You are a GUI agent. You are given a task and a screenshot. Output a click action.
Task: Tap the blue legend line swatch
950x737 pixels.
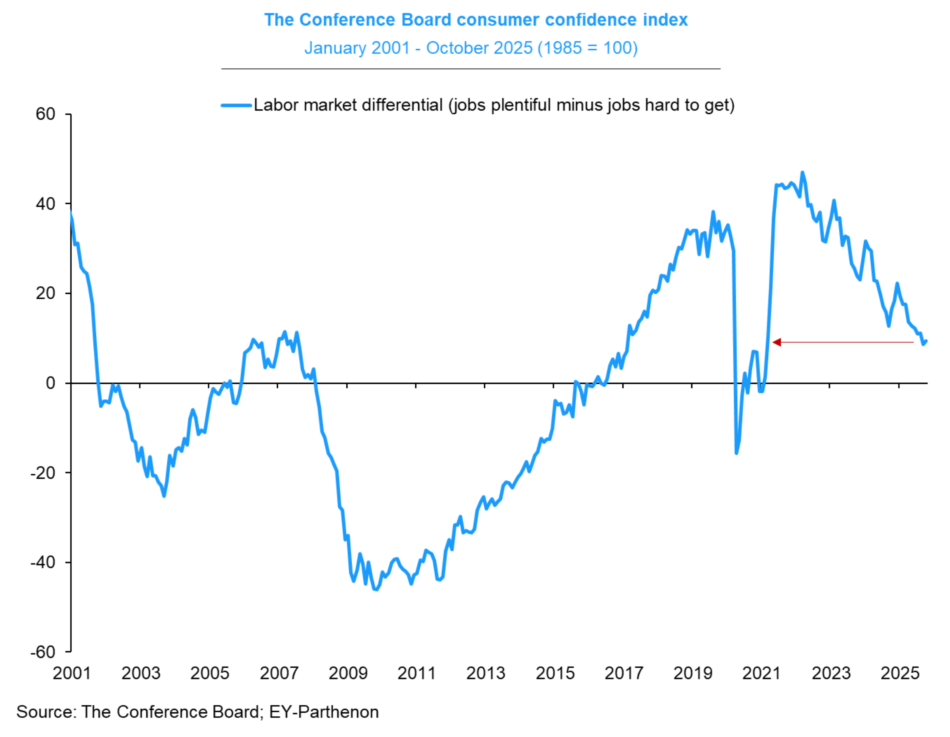click(x=236, y=105)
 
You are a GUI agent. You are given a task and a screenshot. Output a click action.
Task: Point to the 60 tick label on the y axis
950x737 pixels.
click(x=46, y=114)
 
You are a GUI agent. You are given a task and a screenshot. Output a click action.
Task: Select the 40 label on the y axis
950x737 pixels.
click(x=46, y=204)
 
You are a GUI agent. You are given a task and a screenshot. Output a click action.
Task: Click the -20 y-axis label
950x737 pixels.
click(x=43, y=473)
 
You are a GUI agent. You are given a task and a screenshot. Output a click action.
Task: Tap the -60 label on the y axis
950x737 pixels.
click(x=43, y=652)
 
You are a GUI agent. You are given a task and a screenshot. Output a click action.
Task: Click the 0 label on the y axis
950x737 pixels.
click(x=51, y=383)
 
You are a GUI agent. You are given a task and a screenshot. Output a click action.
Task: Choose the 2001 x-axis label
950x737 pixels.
click(x=72, y=673)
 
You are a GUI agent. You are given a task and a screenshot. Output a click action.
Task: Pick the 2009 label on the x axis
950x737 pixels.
click(x=348, y=673)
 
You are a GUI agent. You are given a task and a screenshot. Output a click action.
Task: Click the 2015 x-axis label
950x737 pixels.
click(x=555, y=673)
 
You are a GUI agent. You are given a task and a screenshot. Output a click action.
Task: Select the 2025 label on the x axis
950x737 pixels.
click(x=900, y=673)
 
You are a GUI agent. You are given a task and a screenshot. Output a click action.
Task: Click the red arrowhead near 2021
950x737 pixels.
click(x=777, y=343)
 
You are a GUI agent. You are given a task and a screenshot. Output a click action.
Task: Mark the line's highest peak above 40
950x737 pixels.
click(x=803, y=173)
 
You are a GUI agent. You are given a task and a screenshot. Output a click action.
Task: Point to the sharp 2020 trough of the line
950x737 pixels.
click(x=737, y=453)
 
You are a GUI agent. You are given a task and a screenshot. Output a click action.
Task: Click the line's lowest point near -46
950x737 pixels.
click(x=376, y=589)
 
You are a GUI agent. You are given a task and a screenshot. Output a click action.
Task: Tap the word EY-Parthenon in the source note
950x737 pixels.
click(x=324, y=712)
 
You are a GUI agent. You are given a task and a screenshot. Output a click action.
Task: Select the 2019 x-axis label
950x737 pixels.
click(x=693, y=673)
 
